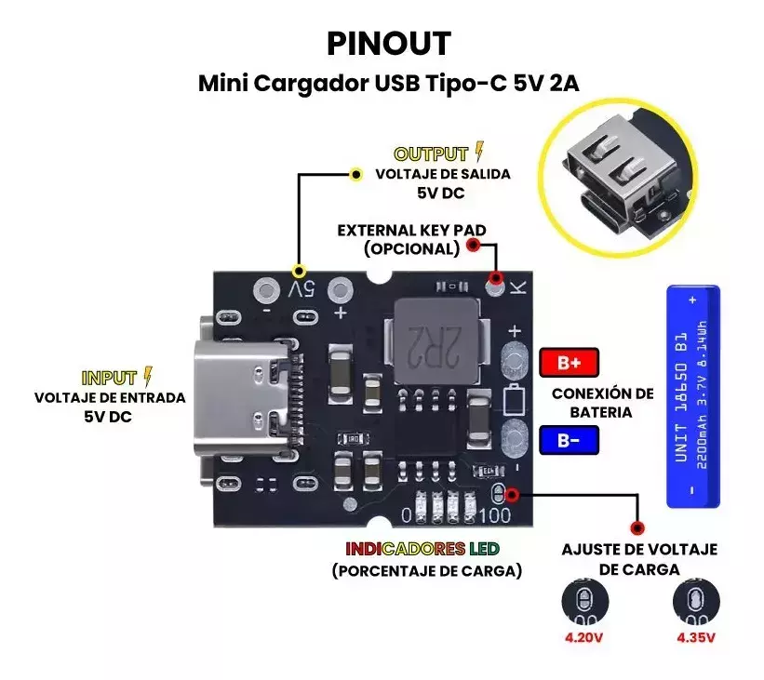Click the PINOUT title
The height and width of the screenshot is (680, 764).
388,43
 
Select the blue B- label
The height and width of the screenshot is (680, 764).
569,439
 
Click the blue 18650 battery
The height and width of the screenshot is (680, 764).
693,396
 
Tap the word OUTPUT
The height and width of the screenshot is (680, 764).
431,154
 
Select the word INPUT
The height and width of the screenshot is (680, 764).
110,378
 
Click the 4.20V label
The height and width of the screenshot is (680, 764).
583,639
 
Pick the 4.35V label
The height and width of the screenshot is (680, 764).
695,639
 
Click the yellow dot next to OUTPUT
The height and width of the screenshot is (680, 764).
355,174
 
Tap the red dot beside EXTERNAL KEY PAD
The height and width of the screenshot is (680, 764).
473,245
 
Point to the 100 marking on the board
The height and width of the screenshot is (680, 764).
494,514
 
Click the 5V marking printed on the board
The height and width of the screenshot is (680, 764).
302,289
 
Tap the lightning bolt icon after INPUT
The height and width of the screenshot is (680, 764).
147,377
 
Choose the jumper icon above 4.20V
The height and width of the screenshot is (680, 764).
584,601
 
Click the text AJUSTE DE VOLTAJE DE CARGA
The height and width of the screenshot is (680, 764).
639,559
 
